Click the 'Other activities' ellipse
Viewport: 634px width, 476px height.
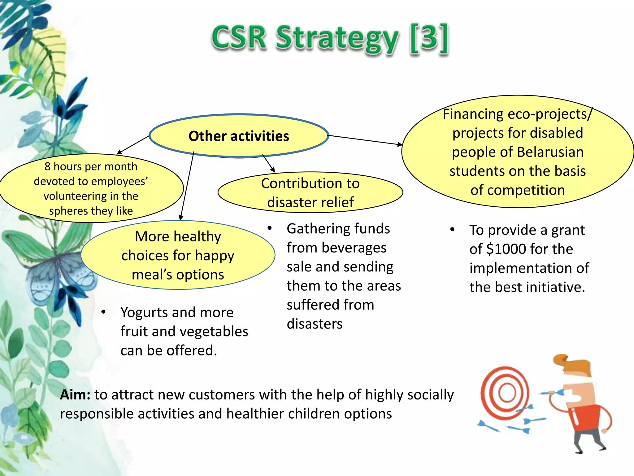(x=239, y=136)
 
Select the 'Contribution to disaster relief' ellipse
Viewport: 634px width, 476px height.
(x=310, y=192)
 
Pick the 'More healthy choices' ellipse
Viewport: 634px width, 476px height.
(x=178, y=255)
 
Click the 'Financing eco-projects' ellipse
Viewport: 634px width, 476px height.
(x=518, y=152)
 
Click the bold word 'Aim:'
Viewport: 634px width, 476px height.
(x=75, y=395)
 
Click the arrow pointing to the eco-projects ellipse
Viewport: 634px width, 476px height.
(x=365, y=140)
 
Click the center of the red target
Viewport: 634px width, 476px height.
(x=507, y=393)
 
